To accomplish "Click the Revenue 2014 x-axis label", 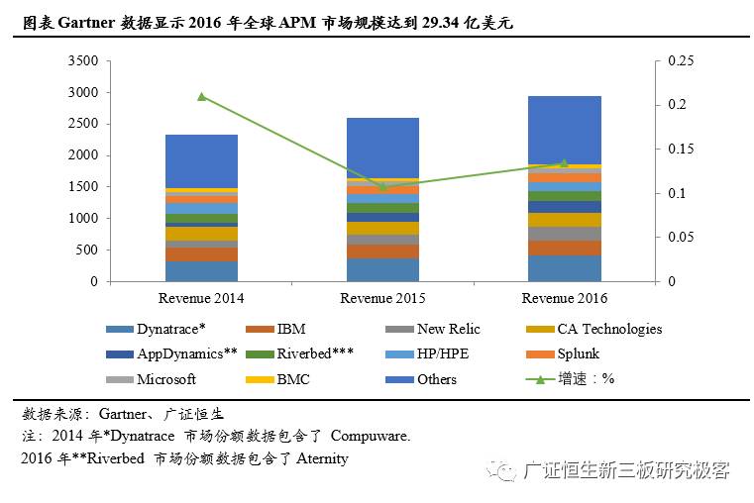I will [201, 298].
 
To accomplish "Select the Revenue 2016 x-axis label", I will [565, 298].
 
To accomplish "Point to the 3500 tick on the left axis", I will [84, 61].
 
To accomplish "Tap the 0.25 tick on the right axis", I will [683, 61].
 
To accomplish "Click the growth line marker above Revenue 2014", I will [201, 96].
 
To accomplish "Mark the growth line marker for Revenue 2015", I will [383, 186].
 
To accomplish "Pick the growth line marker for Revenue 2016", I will [565, 163].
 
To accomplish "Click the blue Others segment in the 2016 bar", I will [565, 129].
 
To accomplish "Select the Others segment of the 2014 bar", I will [201, 160].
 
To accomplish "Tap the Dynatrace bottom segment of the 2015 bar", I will [383, 269].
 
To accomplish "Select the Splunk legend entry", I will [578, 353].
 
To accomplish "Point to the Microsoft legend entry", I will [165, 379].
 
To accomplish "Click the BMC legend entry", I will [293, 379].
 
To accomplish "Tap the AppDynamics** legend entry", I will [186, 353].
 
